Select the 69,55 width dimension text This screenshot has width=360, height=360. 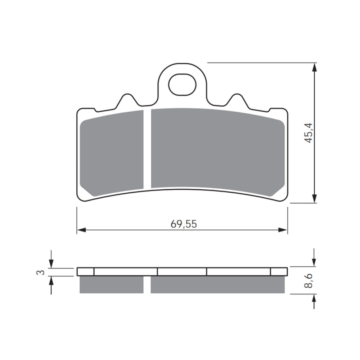tap(184, 224)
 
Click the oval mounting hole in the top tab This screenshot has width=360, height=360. tap(182, 85)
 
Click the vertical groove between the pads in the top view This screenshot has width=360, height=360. tap(147, 149)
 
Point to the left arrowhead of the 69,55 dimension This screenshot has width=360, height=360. tap(81, 230)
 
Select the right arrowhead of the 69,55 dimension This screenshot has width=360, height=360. tap(283, 230)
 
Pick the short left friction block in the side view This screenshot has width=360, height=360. tap(111, 284)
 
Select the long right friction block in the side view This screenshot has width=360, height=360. tap(217, 284)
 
